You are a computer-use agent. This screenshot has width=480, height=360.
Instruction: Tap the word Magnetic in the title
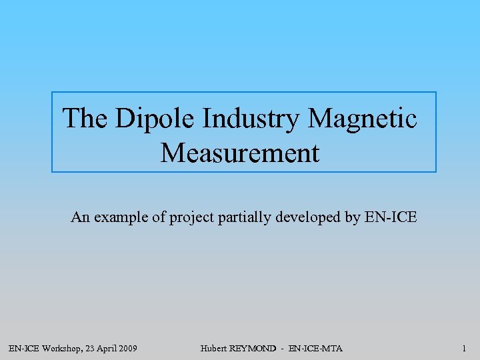(363, 119)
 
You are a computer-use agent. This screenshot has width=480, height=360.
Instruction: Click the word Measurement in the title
(240, 153)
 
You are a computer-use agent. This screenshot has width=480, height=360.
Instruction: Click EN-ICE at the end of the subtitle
(391, 217)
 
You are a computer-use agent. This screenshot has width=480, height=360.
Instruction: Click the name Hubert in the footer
(213, 349)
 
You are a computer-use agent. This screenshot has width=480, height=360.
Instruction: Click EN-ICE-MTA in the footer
(316, 349)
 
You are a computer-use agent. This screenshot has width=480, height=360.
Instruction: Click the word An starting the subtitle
(79, 217)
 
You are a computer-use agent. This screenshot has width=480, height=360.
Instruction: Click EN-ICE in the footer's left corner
(22, 349)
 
